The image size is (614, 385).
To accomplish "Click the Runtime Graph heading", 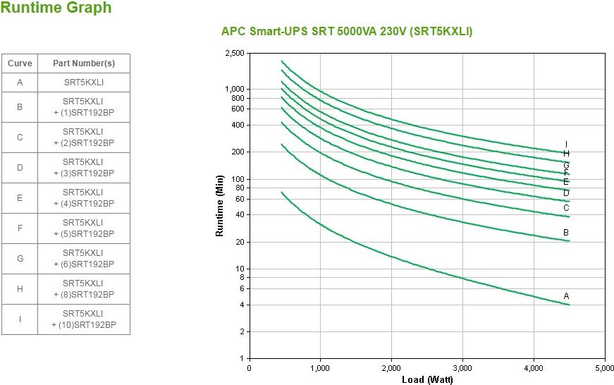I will (x=56, y=8).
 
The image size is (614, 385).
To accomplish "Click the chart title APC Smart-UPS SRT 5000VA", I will (x=347, y=32).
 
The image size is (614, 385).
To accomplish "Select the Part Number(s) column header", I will (x=84, y=63).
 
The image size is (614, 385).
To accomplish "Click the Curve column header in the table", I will (x=20, y=63).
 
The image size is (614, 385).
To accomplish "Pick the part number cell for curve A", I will (x=84, y=82).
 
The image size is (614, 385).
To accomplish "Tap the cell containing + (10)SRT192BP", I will (x=84, y=319).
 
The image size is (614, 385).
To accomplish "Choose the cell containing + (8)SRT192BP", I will (x=84, y=289).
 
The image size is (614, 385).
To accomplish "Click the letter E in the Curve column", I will (x=20, y=198).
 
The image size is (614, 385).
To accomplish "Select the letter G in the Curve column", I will (x=20, y=259).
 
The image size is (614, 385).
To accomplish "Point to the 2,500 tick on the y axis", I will (x=235, y=54).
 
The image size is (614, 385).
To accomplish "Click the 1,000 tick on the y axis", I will (x=235, y=90).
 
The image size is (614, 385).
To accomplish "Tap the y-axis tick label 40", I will (x=240, y=215).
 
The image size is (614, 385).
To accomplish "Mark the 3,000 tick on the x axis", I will (x=462, y=368).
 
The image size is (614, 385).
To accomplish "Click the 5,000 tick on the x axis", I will (x=604, y=368).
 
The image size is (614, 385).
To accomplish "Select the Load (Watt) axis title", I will (x=427, y=379).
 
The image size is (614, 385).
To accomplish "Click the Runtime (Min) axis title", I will (x=219, y=206).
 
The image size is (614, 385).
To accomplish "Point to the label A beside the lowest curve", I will (x=566, y=296).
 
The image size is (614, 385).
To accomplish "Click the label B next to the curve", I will (x=566, y=233).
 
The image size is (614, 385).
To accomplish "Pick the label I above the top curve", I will (x=566, y=145).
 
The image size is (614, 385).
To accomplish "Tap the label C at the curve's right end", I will (x=566, y=208).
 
